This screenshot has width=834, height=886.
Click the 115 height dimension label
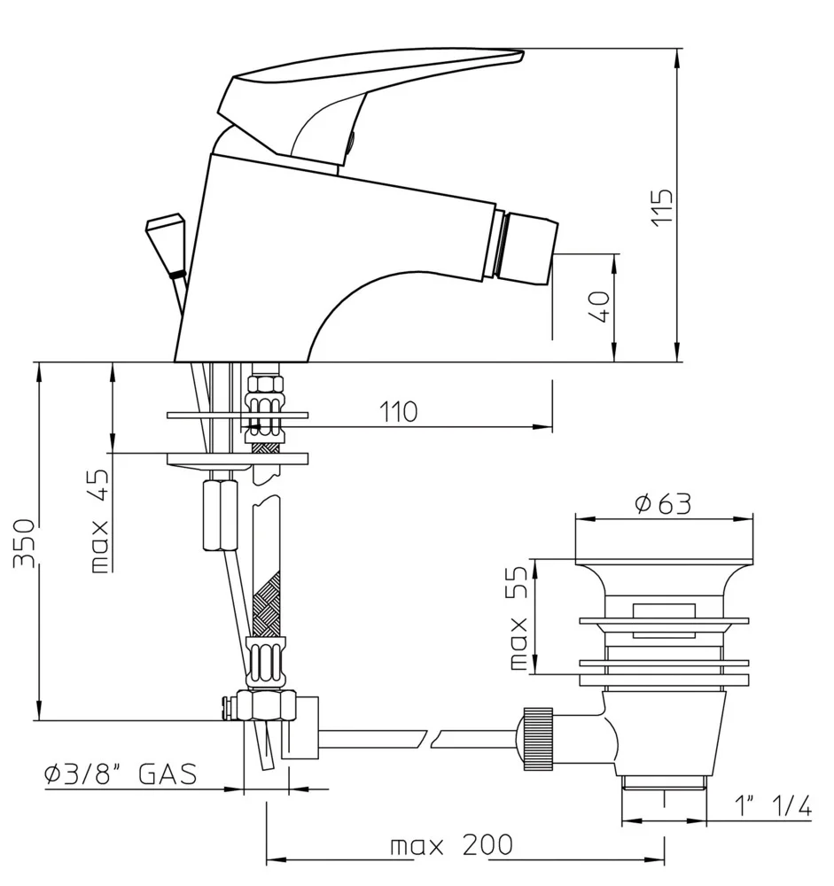[x=664, y=206]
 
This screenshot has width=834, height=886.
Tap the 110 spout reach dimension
[x=398, y=411]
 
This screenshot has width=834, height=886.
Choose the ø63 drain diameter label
[x=663, y=503]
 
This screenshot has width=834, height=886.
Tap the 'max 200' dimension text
[x=452, y=845]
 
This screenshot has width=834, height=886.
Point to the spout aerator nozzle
[x=528, y=243]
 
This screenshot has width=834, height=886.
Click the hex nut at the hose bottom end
[x=266, y=706]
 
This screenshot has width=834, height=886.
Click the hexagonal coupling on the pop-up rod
[x=216, y=515]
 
